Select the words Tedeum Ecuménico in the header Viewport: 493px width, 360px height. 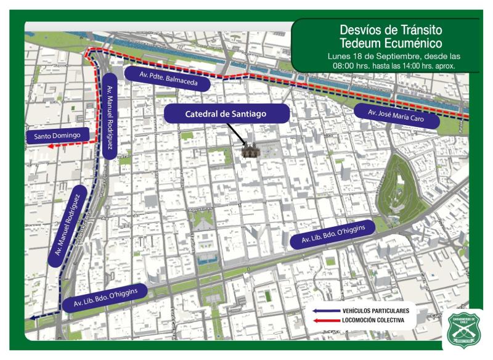(x=391, y=43)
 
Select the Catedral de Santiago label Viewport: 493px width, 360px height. (x=226, y=114)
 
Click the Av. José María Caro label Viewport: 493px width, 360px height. (x=397, y=117)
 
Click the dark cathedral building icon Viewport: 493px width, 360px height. (x=250, y=150)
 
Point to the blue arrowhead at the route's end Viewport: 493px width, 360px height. (x=30, y=319)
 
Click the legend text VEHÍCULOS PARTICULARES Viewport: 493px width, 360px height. (x=376, y=311)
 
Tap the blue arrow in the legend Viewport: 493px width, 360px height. (x=325, y=311)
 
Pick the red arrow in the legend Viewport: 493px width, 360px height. (x=325, y=321)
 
